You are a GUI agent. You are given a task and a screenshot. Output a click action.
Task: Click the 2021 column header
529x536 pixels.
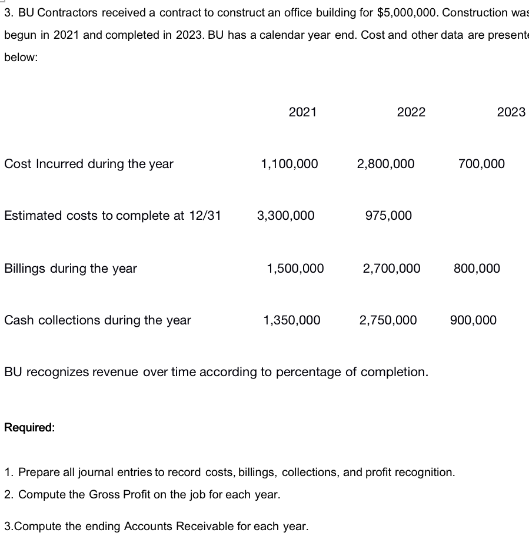[x=302, y=112]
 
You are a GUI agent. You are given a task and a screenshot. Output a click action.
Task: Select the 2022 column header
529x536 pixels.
[x=411, y=112]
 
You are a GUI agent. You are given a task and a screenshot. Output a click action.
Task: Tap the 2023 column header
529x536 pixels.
[x=511, y=112]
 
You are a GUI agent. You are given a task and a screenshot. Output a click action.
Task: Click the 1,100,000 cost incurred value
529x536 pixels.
[x=289, y=164]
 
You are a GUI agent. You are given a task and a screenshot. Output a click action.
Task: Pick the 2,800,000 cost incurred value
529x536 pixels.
[x=385, y=164]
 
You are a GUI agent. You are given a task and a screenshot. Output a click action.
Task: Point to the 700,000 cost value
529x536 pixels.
[x=481, y=164]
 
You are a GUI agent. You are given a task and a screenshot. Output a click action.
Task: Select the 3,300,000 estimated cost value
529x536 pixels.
[x=285, y=216]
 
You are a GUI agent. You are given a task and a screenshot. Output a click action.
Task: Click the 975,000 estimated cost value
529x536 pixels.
[x=388, y=216]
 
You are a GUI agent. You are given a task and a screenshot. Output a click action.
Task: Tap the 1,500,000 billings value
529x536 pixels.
[x=295, y=269]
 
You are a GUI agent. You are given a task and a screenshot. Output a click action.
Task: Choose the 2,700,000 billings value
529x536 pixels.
[x=391, y=269]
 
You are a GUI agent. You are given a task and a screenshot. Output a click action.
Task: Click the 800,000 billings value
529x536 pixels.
[x=477, y=269]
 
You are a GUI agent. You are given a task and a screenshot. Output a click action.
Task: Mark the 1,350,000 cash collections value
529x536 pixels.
[x=292, y=320]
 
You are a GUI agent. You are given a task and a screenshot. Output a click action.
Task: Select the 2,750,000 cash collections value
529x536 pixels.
[x=388, y=320]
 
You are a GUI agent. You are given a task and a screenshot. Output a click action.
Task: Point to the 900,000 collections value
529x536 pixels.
[x=473, y=320]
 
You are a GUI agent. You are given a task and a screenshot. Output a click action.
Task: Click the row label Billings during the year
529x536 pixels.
[x=71, y=269]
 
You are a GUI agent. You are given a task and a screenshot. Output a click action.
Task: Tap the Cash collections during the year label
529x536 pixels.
[x=98, y=320]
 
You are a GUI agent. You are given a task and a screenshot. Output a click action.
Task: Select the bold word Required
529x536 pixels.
[x=29, y=427]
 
